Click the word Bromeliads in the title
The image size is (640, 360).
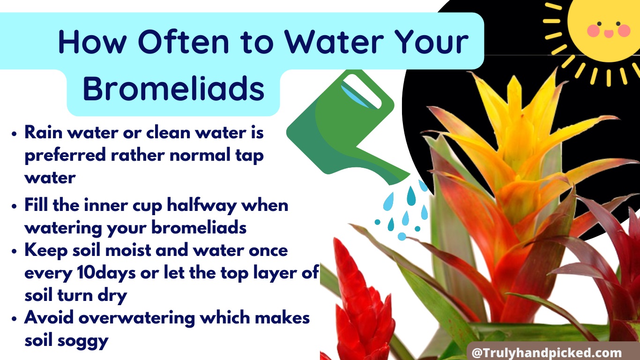tap(174, 88)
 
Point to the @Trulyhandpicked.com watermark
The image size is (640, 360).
tap(547, 352)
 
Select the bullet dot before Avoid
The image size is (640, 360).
tap(15, 319)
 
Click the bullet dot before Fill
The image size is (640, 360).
tap(15, 206)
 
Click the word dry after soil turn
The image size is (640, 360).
tap(112, 296)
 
